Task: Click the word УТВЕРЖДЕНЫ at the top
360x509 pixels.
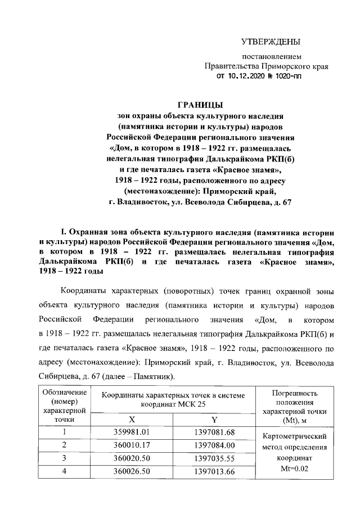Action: coord(270,41)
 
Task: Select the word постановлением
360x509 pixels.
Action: coord(272,57)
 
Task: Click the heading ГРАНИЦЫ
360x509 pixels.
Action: coord(200,104)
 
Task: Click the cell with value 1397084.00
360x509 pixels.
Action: coord(214,445)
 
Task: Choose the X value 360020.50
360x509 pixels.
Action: coord(131,458)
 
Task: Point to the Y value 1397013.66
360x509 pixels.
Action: coord(214,471)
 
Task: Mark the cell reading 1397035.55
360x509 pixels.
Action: coord(214,458)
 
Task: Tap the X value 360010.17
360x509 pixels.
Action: coord(131,445)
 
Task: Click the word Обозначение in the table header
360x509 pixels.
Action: coord(61,392)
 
